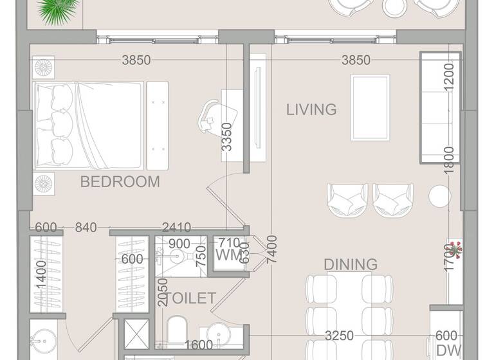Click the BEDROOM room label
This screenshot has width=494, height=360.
point(120,182)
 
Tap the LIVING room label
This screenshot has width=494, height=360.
point(311,109)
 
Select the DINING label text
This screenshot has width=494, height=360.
point(350,264)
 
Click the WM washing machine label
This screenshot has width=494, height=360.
point(228,255)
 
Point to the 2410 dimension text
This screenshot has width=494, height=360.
point(176,226)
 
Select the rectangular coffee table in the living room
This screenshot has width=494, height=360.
point(370,107)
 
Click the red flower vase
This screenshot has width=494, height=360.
point(455,248)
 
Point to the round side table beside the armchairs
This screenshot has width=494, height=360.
point(439,196)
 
